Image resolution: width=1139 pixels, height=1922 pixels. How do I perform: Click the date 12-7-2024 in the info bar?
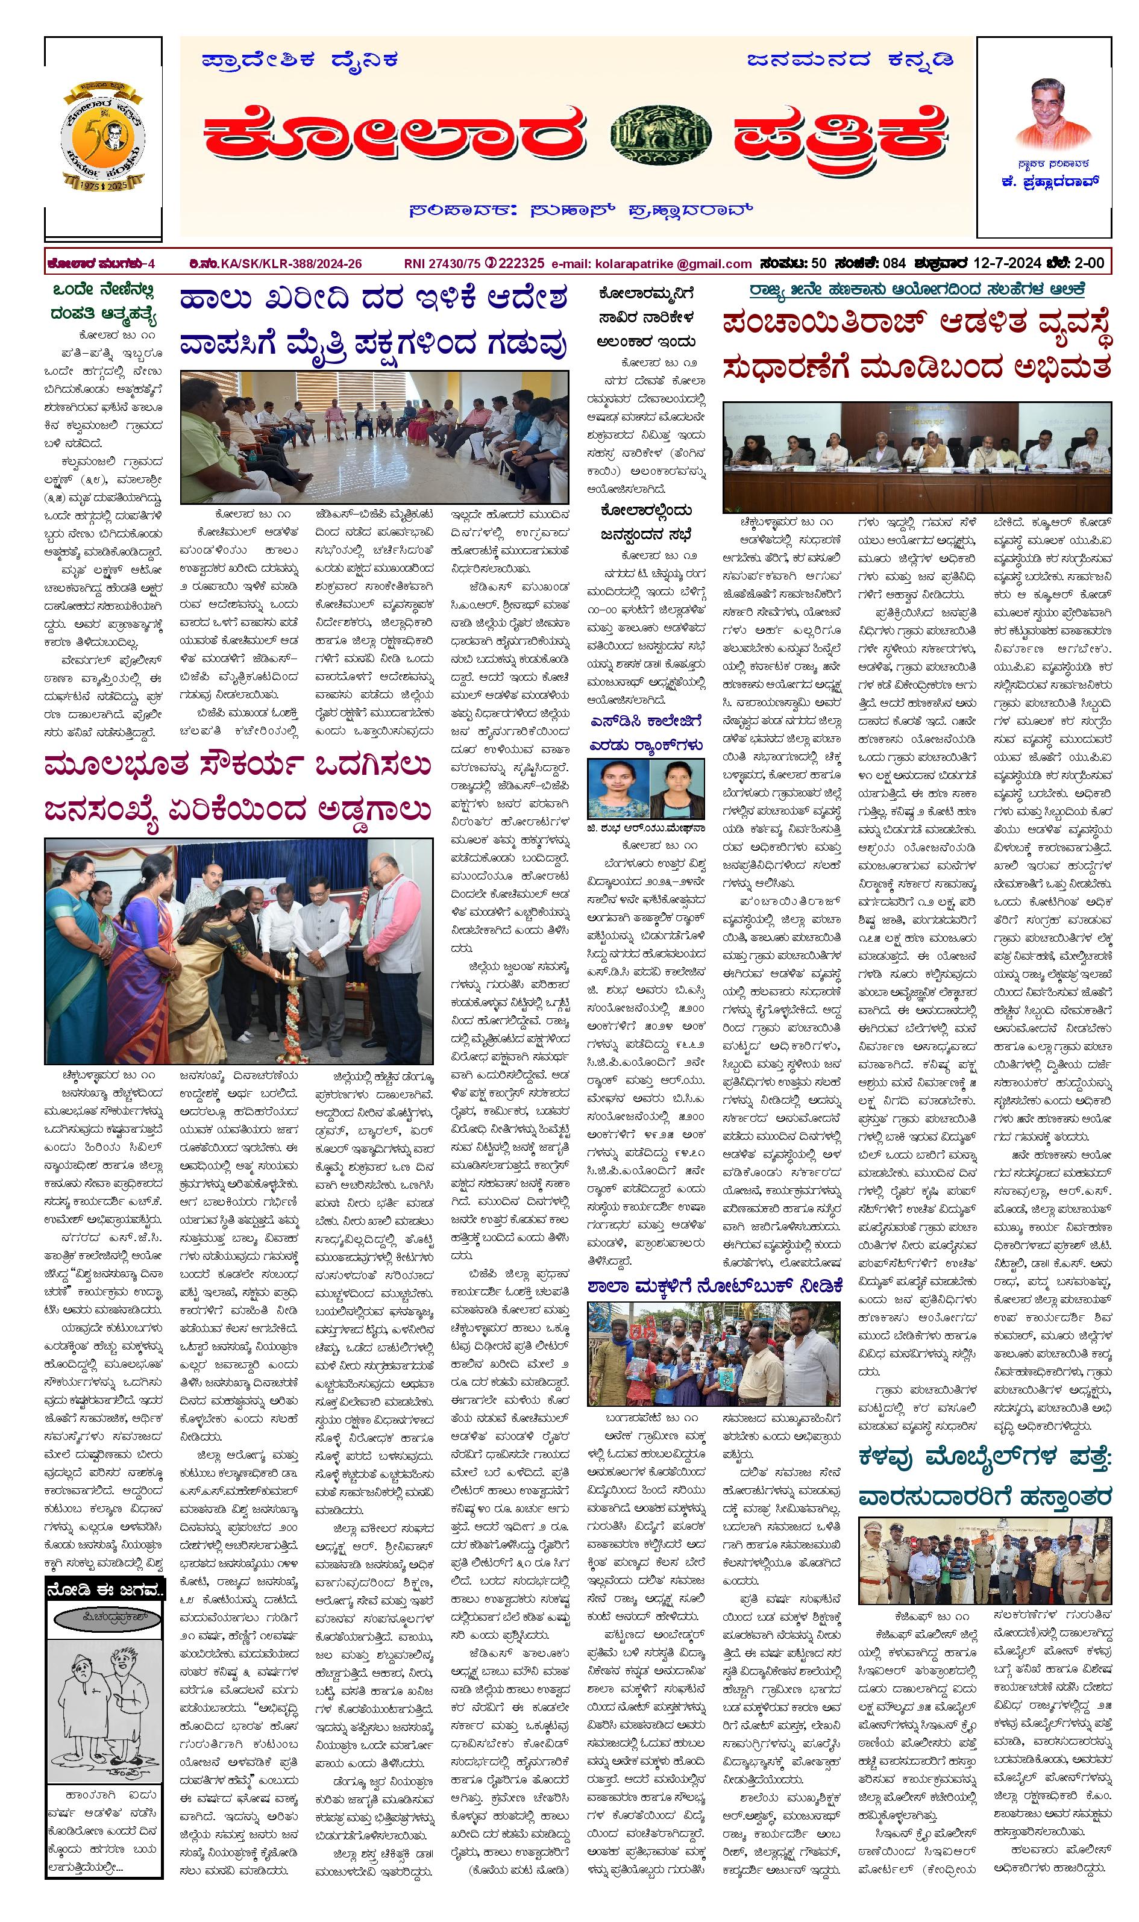[x=1005, y=263]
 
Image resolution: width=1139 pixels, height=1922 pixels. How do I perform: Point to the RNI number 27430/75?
[x=442, y=264]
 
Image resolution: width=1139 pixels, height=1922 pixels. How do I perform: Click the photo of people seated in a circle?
[x=375, y=437]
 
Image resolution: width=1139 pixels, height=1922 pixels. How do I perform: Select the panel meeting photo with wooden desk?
[x=917, y=457]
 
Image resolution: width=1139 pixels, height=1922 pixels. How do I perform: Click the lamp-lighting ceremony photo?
[x=239, y=951]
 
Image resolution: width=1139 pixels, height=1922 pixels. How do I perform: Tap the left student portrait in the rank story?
[x=618, y=789]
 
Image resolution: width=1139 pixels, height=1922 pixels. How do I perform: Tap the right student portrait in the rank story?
[x=676, y=789]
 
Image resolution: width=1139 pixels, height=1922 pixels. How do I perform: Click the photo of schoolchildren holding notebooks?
[x=714, y=1353]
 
